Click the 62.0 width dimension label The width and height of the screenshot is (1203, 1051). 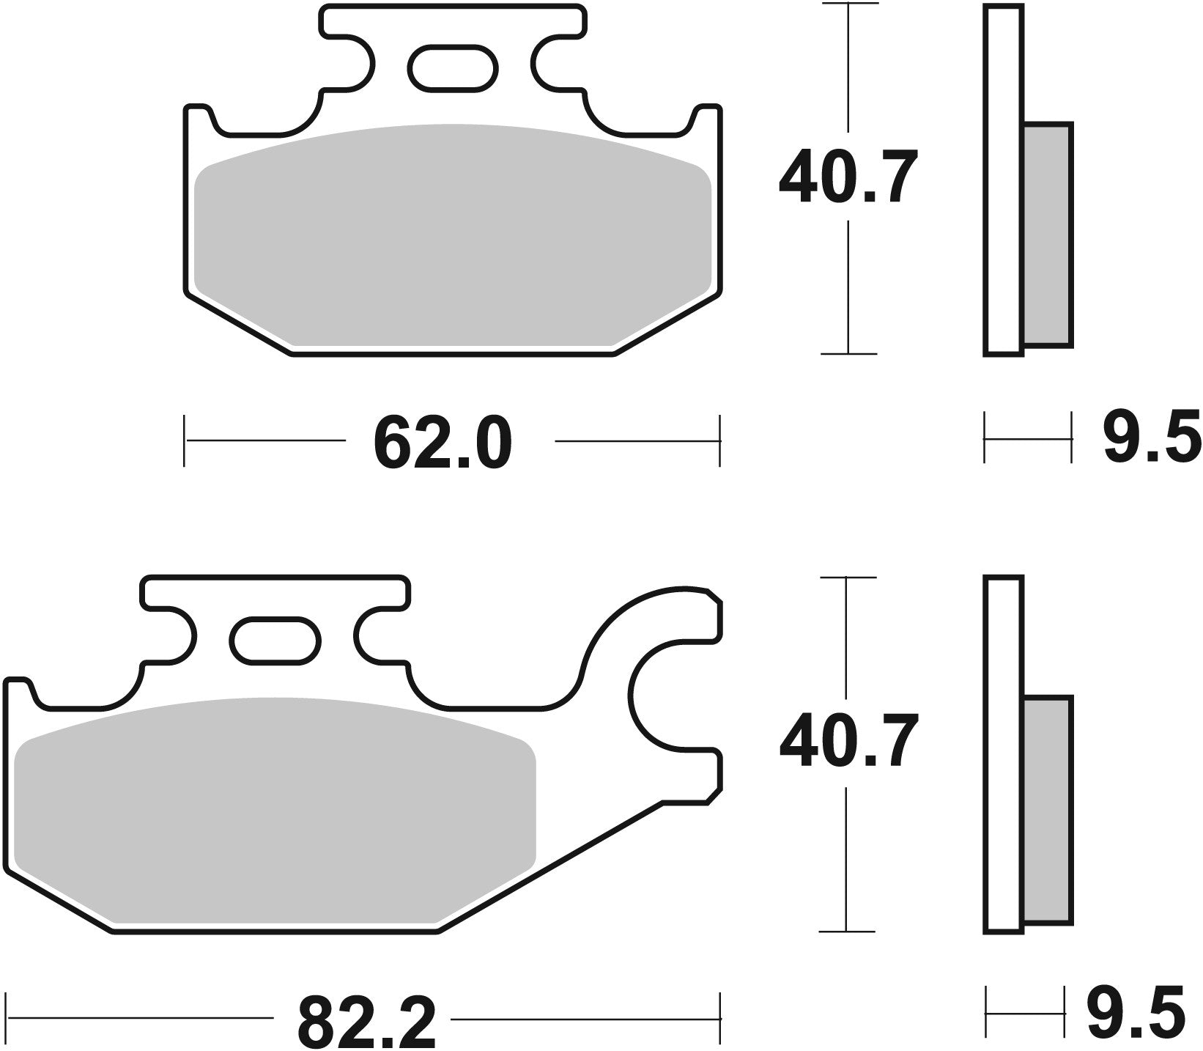(x=442, y=443)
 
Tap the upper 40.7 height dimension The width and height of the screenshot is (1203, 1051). (x=848, y=178)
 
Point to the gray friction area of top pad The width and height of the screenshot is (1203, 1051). (x=452, y=235)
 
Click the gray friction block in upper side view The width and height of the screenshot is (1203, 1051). (x=1047, y=235)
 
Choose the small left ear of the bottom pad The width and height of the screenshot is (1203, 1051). (x=18, y=693)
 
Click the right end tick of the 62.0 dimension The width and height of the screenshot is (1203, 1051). (x=719, y=440)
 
